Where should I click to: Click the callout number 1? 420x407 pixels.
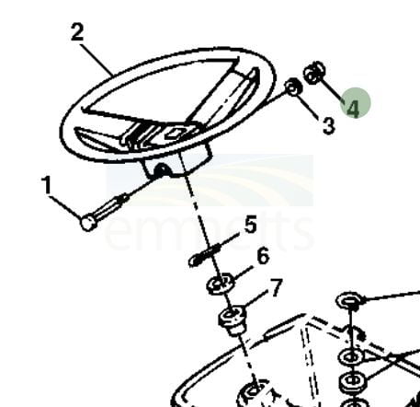47,185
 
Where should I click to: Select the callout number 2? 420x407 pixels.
77,32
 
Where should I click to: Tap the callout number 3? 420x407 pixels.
329,126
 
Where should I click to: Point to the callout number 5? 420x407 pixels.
251,225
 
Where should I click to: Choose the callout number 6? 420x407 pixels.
263,256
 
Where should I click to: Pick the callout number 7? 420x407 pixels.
276,288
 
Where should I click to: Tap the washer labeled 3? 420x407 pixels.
293,87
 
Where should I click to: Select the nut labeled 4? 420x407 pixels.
314,73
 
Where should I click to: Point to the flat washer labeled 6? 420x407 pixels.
220,284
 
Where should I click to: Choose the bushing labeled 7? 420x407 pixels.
233,320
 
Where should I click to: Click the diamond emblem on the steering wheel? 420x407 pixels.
174,133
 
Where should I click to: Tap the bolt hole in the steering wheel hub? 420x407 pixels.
160,169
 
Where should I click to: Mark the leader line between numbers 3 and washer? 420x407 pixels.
309,105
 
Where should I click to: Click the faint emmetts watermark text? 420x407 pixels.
209,228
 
